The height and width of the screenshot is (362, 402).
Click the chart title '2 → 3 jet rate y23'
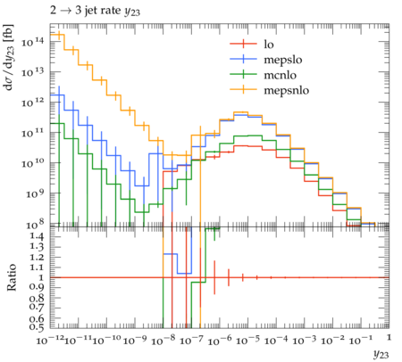[95, 11]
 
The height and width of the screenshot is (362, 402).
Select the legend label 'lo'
[269, 45]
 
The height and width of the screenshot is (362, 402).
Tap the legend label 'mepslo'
[283, 60]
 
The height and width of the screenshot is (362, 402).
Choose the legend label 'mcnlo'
[281, 75]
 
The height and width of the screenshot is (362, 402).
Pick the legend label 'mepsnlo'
[287, 90]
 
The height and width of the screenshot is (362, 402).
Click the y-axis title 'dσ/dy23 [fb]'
[9, 57]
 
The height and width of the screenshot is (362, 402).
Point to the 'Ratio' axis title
[11, 277]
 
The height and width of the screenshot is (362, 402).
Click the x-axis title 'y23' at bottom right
[381, 354]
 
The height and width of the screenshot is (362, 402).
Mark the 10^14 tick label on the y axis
[32, 42]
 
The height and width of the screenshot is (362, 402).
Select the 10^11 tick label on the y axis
[32, 133]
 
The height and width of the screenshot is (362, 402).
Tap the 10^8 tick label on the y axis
[32, 225]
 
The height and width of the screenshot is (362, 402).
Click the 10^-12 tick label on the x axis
[50, 340]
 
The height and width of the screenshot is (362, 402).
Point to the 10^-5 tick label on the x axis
[247, 340]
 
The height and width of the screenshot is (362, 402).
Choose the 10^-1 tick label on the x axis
[360, 340]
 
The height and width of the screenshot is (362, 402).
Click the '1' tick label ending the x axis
[389, 338]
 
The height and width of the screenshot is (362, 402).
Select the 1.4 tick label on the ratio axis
[37, 236]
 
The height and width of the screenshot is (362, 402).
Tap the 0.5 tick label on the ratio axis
[37, 327]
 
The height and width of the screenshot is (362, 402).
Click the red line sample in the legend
[243, 44]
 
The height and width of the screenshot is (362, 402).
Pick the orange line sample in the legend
[243, 89]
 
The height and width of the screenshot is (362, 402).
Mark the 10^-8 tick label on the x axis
[163, 340]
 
